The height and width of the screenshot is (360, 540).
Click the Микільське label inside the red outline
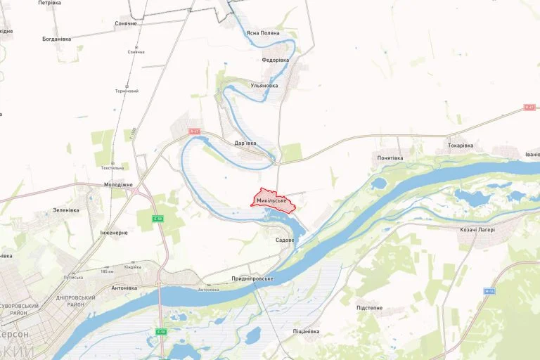273,200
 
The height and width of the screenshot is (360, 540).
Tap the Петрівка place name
49,3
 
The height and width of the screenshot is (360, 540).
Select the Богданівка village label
57,39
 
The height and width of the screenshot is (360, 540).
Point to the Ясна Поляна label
263,33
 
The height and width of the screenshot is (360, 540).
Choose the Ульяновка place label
264,86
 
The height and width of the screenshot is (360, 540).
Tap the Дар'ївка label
245,143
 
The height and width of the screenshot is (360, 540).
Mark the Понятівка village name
390,158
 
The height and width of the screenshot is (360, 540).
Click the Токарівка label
461,146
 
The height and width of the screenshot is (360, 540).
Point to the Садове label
285,240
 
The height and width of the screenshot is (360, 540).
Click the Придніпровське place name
252,278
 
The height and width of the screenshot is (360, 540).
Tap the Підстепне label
369,308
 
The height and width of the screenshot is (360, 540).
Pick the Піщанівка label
306,331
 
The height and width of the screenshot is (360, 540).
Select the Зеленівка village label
66,210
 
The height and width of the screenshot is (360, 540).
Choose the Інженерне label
114,232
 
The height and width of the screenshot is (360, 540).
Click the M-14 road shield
489,290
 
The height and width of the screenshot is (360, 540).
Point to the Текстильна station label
112,168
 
